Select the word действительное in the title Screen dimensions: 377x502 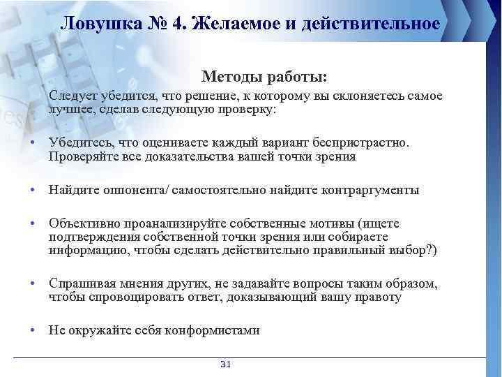tap(374, 24)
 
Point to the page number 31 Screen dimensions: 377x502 tap(225, 364)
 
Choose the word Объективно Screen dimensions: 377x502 tap(84, 223)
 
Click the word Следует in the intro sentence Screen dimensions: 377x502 tap(72, 96)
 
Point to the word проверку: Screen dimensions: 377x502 tap(250, 109)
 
